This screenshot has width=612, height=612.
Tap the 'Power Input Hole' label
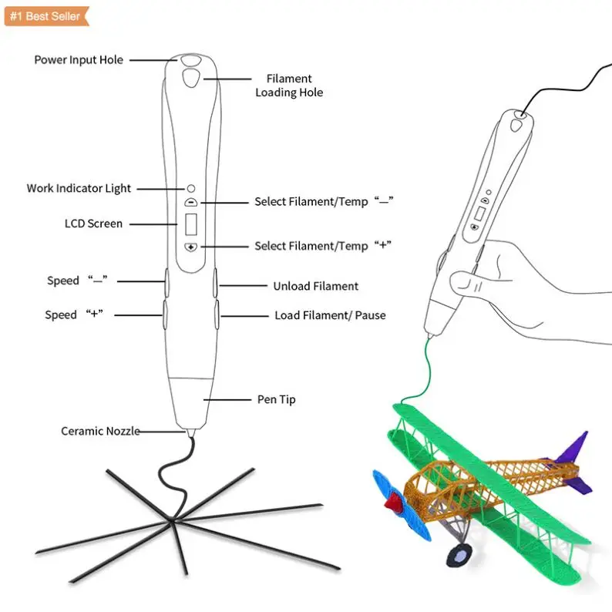(x=79, y=59)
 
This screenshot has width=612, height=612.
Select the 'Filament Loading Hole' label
(x=289, y=86)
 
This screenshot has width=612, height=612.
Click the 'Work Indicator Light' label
(x=79, y=188)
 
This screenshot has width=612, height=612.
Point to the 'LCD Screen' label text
(x=93, y=224)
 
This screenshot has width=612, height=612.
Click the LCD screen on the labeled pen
(x=191, y=225)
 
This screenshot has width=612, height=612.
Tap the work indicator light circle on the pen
(x=191, y=188)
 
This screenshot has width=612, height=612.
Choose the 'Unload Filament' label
(x=315, y=286)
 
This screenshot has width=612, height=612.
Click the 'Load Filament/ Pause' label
(x=330, y=315)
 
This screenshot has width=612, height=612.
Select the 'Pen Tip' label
(x=276, y=399)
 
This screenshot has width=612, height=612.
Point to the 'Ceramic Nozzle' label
(x=100, y=431)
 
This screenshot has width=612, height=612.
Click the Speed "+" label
(x=74, y=314)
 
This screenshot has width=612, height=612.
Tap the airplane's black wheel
(x=460, y=553)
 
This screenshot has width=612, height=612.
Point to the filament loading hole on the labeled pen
(x=190, y=78)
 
